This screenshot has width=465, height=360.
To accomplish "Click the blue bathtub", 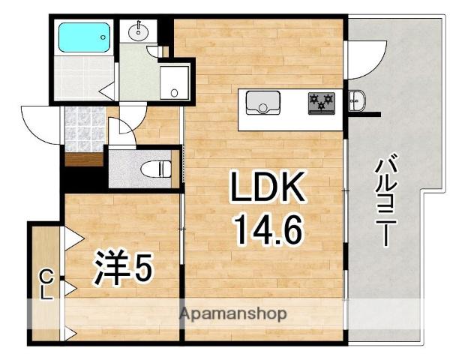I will pos(83,35).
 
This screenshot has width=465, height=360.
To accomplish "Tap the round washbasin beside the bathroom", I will pos(139,31).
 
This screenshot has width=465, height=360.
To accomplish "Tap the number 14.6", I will pos(269,229).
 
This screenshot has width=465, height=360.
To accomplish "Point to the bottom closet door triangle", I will pos(71,333).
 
